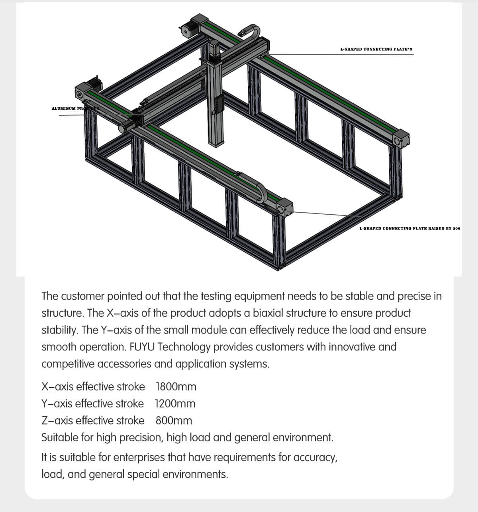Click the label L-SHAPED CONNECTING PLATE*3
[376, 49]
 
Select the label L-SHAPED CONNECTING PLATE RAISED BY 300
[409, 228]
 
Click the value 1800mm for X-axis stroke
[176, 387]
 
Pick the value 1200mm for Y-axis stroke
[175, 404]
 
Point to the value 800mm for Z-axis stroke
[174, 421]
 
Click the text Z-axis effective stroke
[93, 421]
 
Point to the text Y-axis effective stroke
[93, 404]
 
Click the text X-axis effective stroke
[93, 387]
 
